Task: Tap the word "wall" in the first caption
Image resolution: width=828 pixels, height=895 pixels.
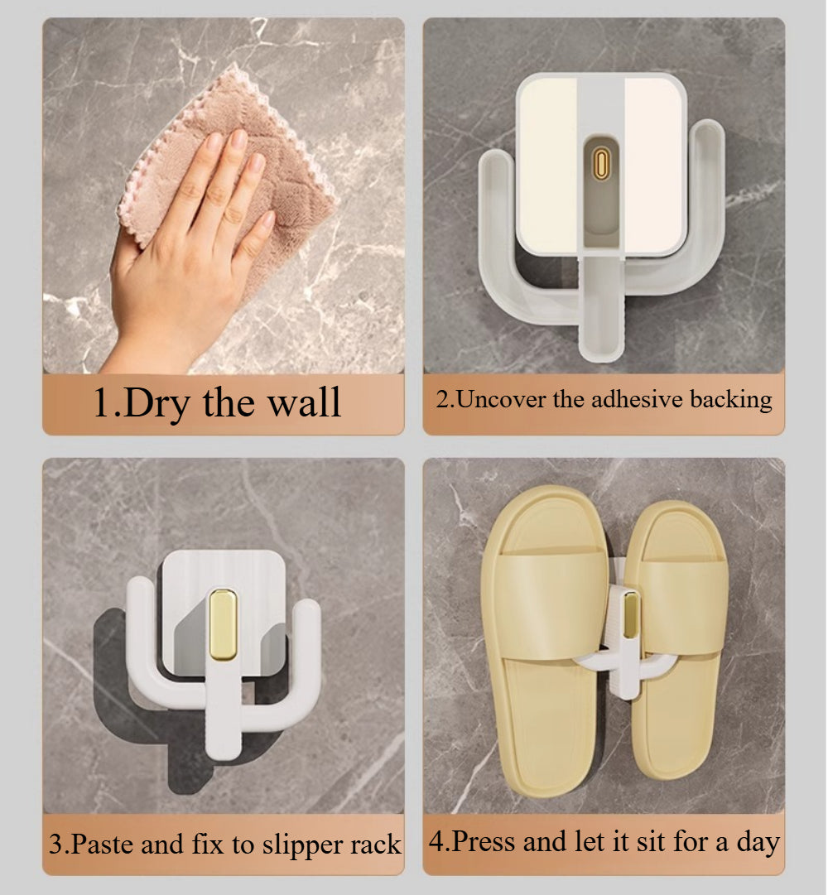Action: coord(305,402)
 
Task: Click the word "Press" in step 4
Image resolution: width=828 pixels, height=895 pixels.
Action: coord(483,841)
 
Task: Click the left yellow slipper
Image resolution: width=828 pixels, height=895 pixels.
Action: coord(544,639)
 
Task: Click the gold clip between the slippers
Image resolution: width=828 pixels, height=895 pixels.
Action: coord(631,614)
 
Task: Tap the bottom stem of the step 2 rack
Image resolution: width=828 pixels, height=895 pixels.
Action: coord(600,308)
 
